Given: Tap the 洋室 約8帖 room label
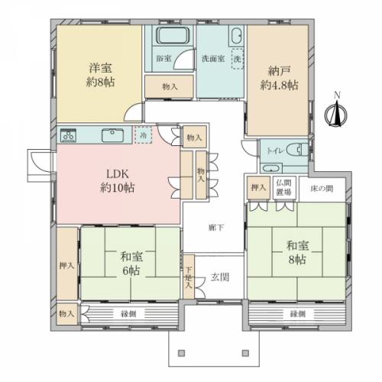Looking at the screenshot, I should coord(99,75).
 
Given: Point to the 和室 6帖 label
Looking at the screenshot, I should coord(129,264).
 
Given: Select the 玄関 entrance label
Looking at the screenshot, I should coord(220,277).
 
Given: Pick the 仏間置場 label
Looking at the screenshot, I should coord(283,186).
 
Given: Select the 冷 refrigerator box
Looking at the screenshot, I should coord(144,134).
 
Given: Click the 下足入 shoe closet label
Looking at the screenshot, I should coord(189,276).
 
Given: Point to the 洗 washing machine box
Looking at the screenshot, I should coord(237,58).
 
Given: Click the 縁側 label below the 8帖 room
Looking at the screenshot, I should coord(298,314).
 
